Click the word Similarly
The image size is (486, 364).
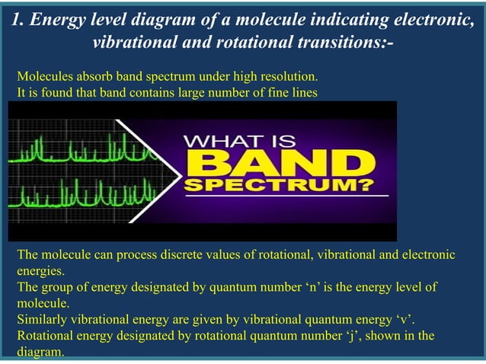(x=45, y=319)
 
